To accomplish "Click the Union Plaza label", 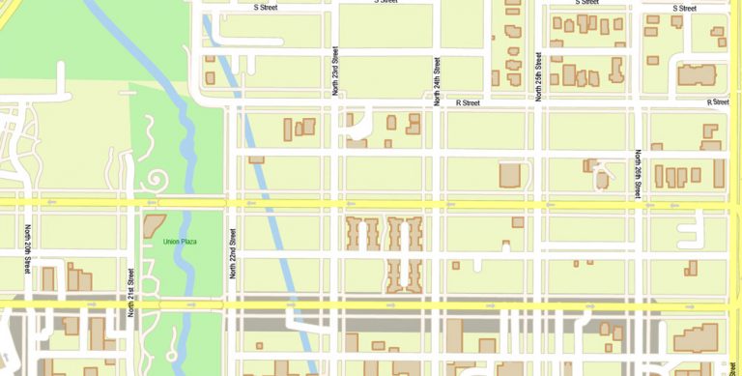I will coord(181,241).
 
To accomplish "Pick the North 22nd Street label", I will coord(233,254).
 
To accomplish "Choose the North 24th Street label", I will coord(438,81).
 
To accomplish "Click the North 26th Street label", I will coord(639,175).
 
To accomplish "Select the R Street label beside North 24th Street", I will coord(469,102).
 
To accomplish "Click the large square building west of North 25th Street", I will coord(510,175).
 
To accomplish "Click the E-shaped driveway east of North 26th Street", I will coord(690,231).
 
